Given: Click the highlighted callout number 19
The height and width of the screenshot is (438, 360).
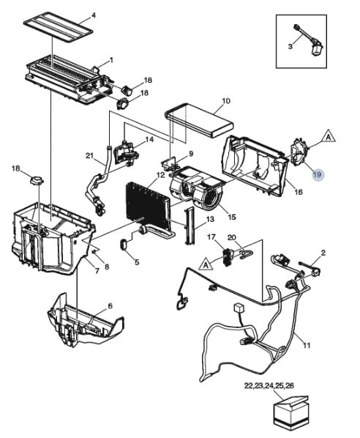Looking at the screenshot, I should pos(317,174).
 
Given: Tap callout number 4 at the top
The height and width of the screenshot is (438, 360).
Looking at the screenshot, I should pos(93,15).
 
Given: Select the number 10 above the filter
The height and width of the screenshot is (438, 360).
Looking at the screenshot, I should pos(226,100).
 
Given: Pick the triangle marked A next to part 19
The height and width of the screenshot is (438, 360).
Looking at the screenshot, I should pos(329,136).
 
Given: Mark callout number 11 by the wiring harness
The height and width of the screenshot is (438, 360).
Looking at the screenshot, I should pos(307,344).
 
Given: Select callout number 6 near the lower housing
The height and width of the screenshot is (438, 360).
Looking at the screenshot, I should pos(110,306).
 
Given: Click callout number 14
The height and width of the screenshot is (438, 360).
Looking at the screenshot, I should pos(149,139).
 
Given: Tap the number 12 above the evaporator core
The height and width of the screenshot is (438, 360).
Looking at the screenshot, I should pos(160,175).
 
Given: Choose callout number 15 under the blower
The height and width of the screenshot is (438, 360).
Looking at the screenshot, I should pos(232,217).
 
